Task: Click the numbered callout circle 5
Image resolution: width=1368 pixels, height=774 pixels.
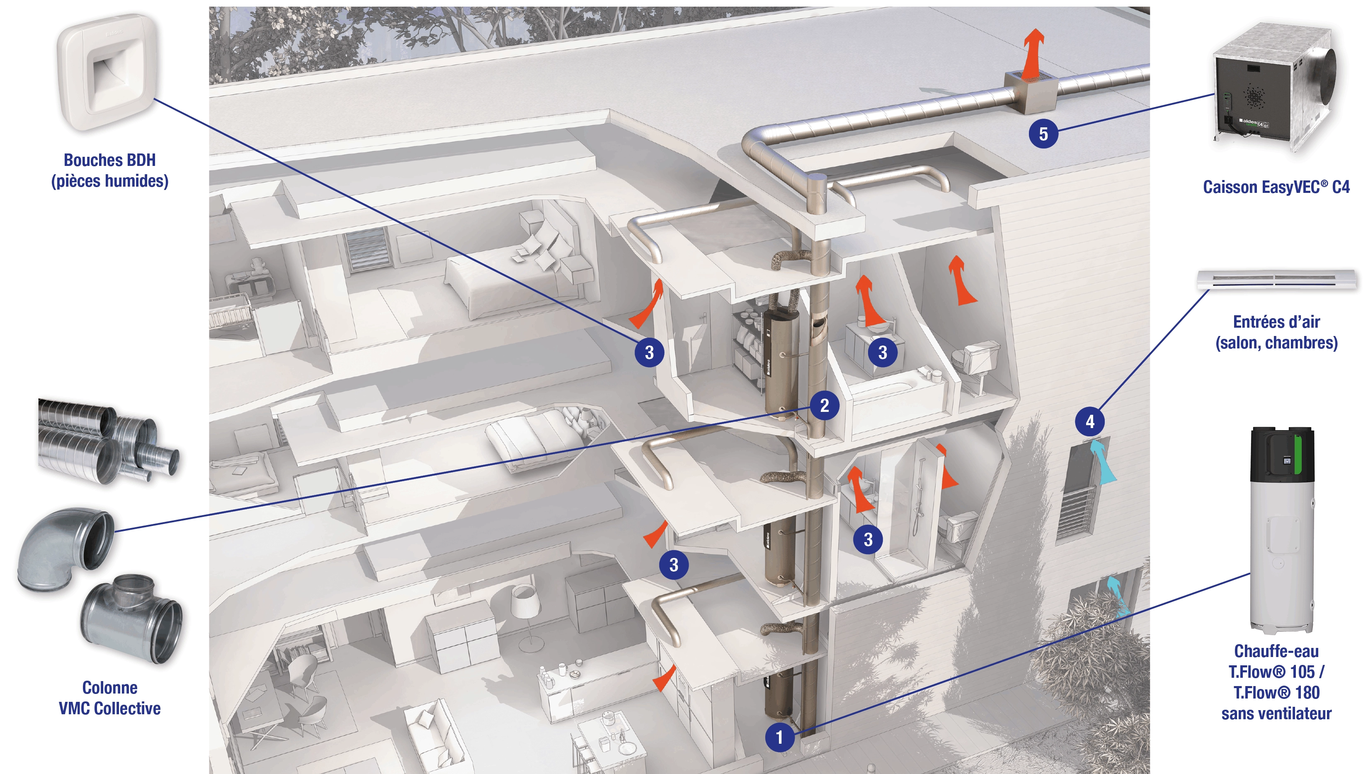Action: [x=1043, y=134]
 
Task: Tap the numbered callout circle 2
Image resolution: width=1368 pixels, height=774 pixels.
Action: [x=824, y=406]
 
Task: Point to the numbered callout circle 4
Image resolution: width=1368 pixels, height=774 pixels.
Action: [x=1089, y=421]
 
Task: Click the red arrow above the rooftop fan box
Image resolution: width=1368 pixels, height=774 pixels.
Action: [x=1033, y=53]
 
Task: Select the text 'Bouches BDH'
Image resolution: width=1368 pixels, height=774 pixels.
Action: [x=109, y=160]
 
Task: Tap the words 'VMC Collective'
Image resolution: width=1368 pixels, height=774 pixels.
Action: [x=109, y=708]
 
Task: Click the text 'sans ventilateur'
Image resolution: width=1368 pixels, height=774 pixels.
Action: [x=1276, y=713]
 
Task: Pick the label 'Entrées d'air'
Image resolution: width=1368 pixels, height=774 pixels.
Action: [x=1276, y=321]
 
